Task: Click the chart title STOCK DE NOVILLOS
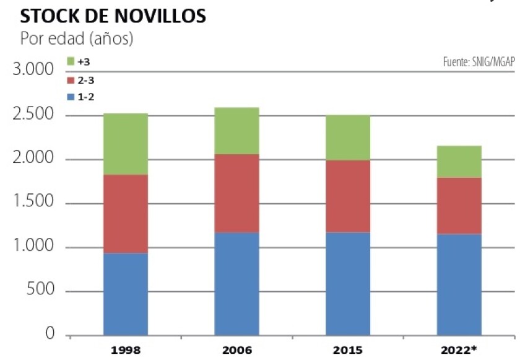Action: pos(113,17)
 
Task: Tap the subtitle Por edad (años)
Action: pos(77,38)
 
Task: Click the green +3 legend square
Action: pos(71,62)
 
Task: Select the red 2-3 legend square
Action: pos(71,80)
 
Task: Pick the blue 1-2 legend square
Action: pos(71,97)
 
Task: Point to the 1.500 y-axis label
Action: pos(33,204)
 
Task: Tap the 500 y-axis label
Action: pos(42,292)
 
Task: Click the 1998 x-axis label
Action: pos(126,350)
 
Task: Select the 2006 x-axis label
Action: pos(236,350)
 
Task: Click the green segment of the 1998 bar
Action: pos(126,144)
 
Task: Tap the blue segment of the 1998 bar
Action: pos(126,294)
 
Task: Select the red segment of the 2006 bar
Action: pos(236,193)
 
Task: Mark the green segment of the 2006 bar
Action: pos(236,130)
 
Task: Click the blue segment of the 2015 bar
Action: pos(348,283)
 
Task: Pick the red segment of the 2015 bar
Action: pos(348,196)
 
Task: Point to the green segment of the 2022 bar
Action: pos(459,161)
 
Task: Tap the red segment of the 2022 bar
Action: pos(459,205)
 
